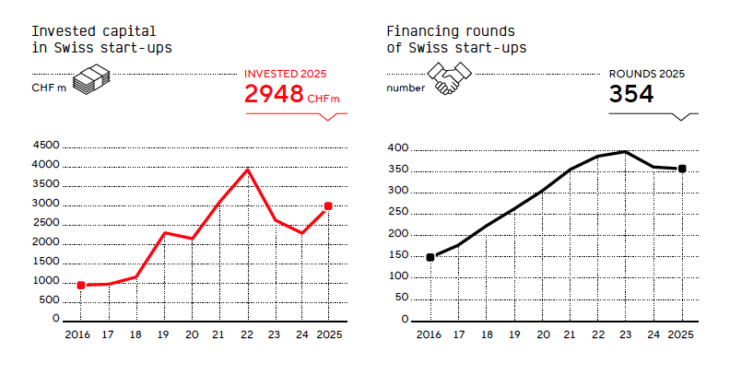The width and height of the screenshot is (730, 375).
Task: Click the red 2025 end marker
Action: (328, 206)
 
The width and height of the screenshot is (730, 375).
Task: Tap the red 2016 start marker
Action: (81, 286)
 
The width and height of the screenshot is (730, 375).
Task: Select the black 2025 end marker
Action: (682, 169)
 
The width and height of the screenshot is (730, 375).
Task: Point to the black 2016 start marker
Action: (430, 257)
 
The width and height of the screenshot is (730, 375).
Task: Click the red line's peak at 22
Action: (247, 170)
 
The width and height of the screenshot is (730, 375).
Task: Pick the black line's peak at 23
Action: (626, 151)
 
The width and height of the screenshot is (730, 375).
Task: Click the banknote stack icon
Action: (92, 80)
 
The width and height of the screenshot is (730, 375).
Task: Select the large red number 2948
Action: (274, 93)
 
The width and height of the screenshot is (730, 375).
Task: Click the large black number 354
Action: (631, 94)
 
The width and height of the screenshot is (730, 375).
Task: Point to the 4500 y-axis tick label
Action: (45, 146)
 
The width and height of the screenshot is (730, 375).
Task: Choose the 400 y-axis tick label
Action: (397, 148)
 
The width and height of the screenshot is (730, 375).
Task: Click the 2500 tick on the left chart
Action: (45, 223)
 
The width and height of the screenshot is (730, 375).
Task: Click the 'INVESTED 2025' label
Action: (285, 74)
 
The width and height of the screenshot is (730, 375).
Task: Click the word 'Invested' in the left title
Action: (54, 30)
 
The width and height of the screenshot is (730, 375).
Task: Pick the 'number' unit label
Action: (406, 88)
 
